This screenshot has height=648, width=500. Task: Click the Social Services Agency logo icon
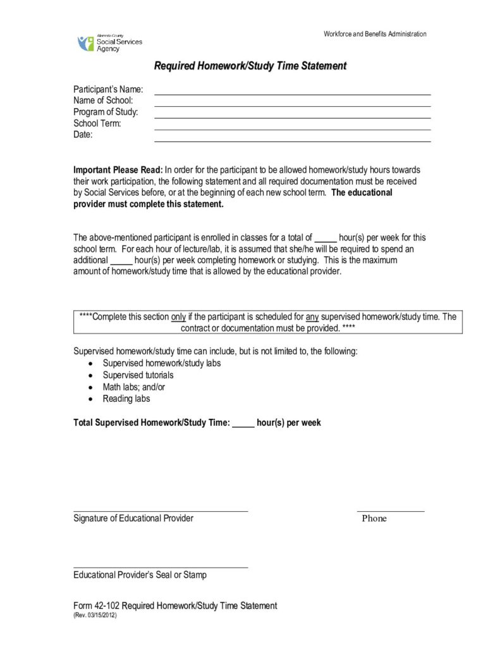pos(85,44)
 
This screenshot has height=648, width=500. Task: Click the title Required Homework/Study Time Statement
pos(250,66)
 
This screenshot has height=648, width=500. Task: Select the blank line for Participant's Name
pos(292,94)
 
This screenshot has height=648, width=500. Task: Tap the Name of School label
pos(103,101)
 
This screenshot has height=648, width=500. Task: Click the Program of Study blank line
pos(292,117)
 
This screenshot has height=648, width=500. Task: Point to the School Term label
pos(97,123)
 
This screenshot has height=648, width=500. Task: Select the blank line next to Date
pos(292,140)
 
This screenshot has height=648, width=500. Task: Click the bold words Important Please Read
pos(118,170)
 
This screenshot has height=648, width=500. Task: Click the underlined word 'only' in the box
pos(179,316)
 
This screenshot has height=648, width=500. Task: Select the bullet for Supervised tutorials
pos(92,375)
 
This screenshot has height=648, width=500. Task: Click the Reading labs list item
pos(126,399)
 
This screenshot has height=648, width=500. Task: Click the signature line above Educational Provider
pos(161,511)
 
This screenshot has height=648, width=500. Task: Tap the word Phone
pos(374,518)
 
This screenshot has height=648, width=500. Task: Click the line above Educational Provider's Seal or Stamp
pos(161,568)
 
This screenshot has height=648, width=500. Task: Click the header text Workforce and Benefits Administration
pos(375,34)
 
